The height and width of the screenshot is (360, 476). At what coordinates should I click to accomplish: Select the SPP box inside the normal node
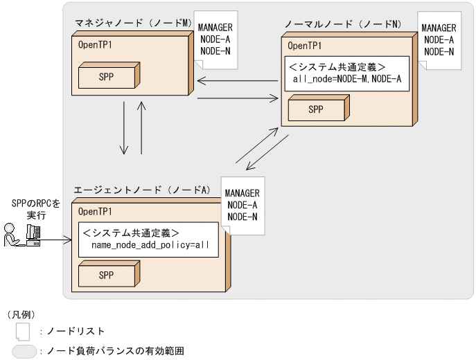click(x=316, y=109)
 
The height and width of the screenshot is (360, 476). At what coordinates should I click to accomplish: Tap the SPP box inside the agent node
click(x=106, y=275)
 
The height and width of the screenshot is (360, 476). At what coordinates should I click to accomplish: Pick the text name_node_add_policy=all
click(x=150, y=245)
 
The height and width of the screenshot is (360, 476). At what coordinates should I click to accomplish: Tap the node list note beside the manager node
click(x=215, y=39)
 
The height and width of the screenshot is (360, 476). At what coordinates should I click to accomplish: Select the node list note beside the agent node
click(x=242, y=205)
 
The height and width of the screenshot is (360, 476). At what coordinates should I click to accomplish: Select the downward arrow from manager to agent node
click(x=125, y=129)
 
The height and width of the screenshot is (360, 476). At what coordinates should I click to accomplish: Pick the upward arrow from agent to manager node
click(x=142, y=129)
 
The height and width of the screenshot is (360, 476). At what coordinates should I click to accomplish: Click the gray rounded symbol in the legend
click(x=25, y=352)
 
